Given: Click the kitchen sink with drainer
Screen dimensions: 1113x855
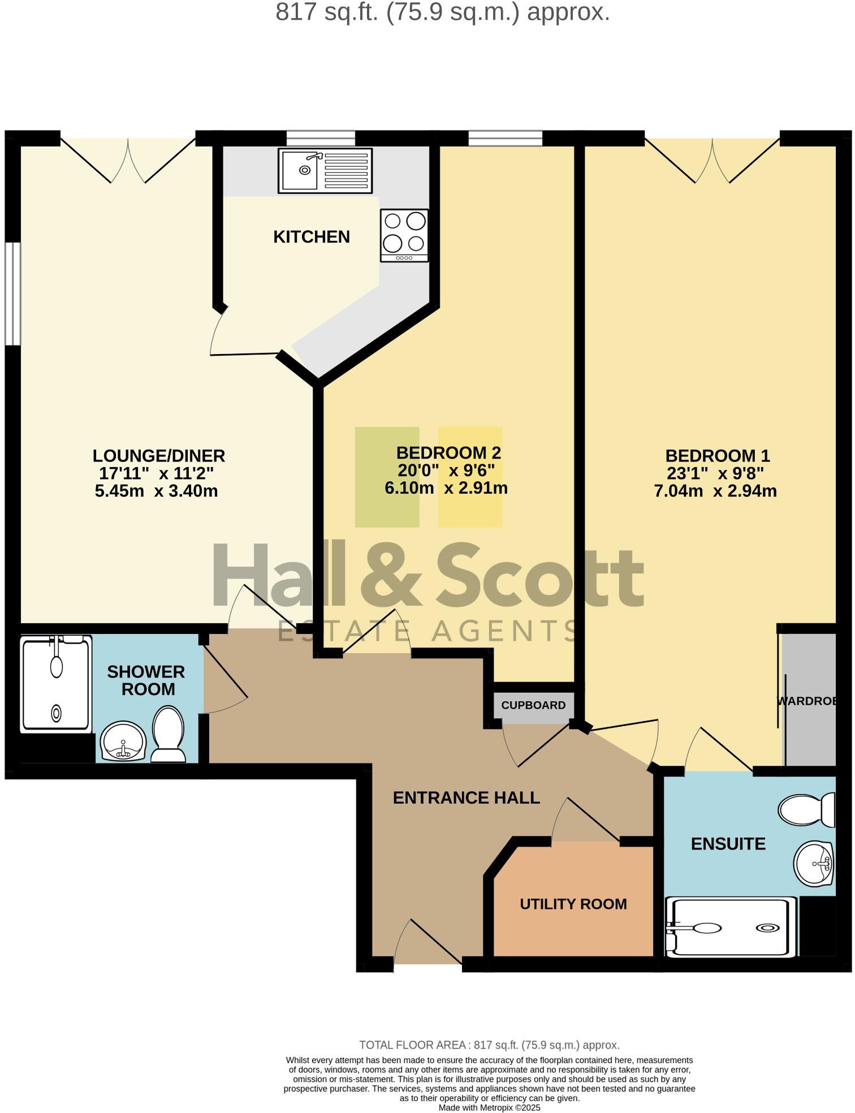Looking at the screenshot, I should [x=325, y=170].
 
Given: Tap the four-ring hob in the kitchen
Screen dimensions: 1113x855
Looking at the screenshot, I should [x=404, y=235].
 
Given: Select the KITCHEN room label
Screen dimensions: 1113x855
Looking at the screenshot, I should [x=311, y=237].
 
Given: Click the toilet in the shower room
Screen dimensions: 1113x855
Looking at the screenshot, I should [x=168, y=733].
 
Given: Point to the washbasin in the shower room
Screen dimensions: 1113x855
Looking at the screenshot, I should [x=124, y=741].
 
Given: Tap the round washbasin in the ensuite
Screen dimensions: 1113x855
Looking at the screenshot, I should [x=814, y=864].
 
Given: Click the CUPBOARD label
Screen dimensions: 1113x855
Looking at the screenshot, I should [x=533, y=705].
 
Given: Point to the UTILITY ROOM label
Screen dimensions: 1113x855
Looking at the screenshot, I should [x=573, y=904].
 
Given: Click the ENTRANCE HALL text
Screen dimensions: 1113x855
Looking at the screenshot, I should [x=466, y=798].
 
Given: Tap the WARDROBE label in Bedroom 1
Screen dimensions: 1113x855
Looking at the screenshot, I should [x=806, y=701].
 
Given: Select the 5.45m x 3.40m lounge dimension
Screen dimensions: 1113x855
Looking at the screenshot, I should [x=156, y=491].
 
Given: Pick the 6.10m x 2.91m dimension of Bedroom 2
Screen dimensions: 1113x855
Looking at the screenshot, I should [x=446, y=488].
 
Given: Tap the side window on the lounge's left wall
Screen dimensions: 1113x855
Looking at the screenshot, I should [x=12, y=294].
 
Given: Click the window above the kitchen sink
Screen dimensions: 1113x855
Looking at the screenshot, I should [x=321, y=137].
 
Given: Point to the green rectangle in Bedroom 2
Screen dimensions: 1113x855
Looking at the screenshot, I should [x=387, y=477].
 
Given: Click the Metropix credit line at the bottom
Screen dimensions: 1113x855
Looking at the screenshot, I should [x=489, y=1107].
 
